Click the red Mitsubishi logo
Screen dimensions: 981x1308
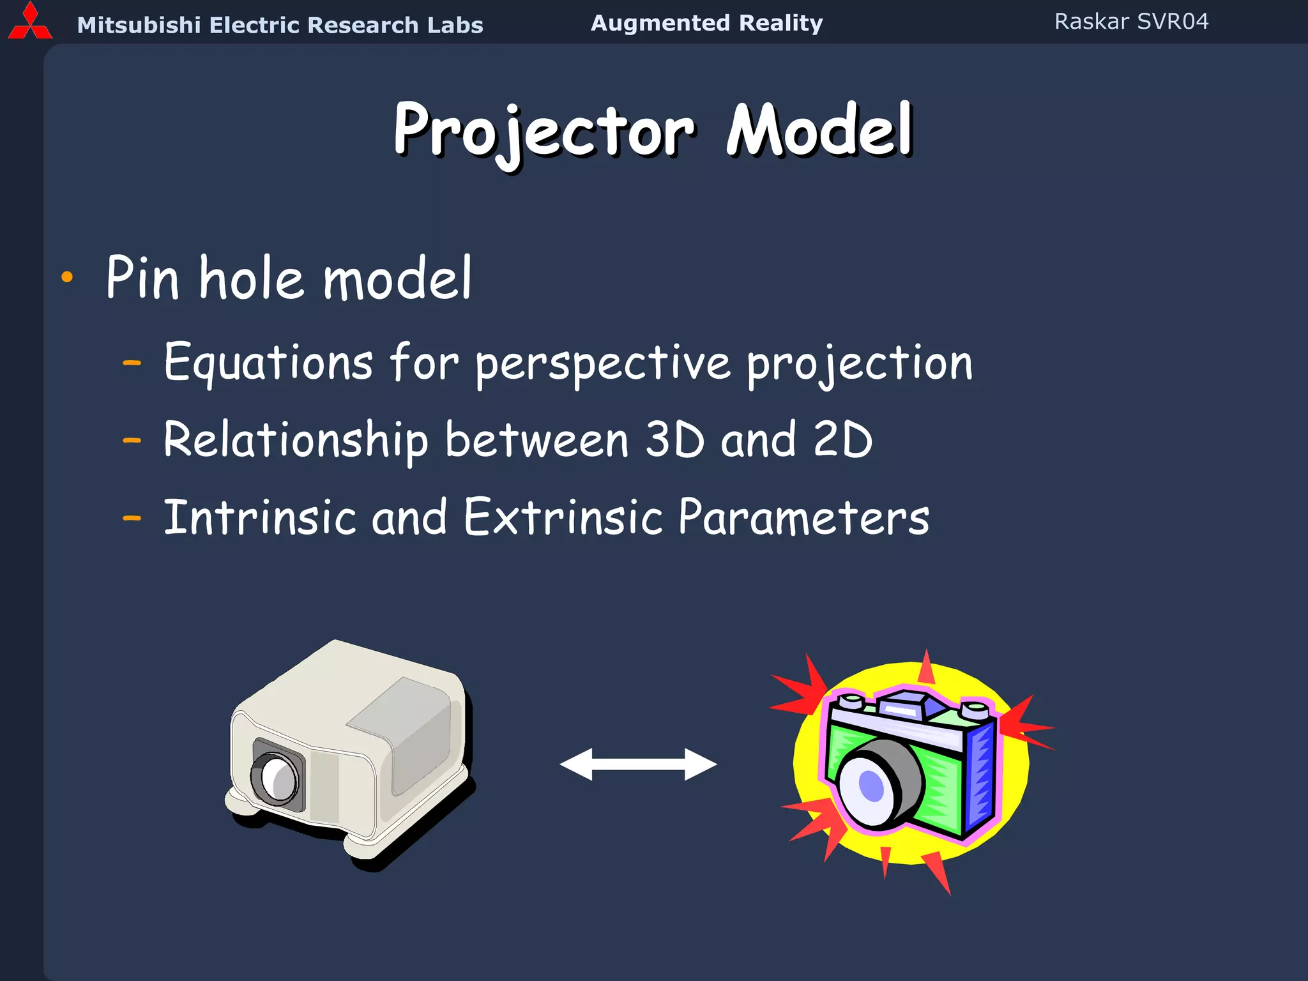29,22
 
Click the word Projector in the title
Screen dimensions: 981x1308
544,131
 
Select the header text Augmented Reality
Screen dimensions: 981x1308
706,23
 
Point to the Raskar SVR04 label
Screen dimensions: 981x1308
1131,22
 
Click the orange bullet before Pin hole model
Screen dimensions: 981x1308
67,277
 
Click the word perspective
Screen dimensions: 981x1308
603,364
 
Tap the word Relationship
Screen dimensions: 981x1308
295,441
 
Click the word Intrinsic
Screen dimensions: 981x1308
259,517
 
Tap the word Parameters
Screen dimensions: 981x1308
803,517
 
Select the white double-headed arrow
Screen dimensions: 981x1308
638,764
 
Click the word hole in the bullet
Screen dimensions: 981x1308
251,278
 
